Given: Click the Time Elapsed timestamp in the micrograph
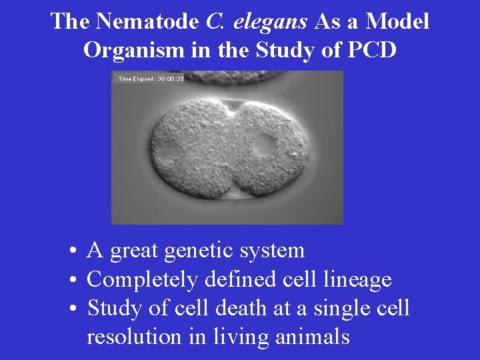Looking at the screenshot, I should click(x=151, y=79).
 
